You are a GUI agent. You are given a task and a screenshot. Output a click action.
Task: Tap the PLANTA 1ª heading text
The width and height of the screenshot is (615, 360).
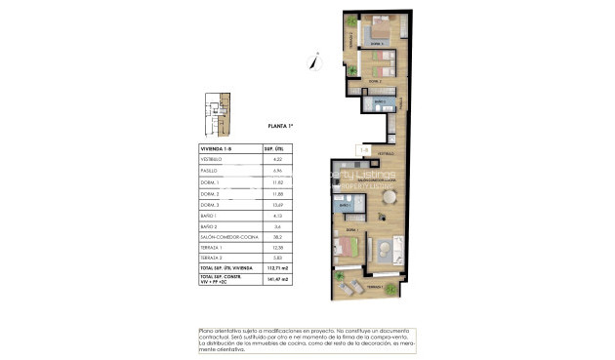coord(281,126)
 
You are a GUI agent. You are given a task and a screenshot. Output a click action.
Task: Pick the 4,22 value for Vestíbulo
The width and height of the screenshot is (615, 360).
coord(276,158)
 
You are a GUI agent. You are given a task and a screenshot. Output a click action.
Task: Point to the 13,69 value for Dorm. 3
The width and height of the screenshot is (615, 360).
coord(276,203)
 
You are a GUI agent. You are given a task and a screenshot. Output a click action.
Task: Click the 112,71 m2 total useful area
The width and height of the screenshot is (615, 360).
coord(276,266)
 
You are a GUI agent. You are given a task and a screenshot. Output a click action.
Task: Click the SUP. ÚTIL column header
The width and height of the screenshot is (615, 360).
coord(276,147)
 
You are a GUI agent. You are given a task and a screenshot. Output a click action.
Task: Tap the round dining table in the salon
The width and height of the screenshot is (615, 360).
coord(389,198)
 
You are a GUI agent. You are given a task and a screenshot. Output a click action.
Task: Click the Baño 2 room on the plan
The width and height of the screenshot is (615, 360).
coord(379,101)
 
